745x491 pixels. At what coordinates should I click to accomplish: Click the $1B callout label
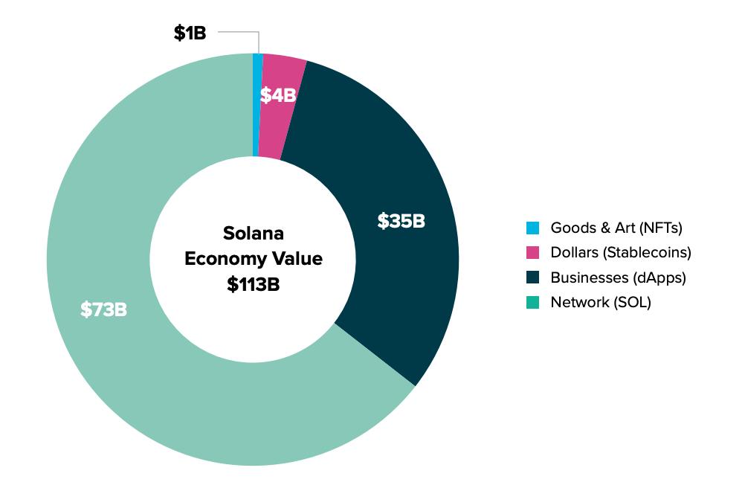click(190, 33)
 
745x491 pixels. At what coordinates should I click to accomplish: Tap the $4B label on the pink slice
click(278, 95)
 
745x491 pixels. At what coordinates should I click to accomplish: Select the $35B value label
click(401, 221)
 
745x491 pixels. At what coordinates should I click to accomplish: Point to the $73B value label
click(103, 309)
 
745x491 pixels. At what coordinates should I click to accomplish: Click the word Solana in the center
click(254, 234)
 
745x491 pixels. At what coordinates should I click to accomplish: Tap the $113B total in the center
click(254, 285)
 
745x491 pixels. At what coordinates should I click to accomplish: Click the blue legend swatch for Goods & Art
click(532, 228)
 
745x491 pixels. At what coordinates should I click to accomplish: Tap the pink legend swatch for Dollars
click(532, 253)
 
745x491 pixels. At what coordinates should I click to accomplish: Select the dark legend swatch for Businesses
click(532, 277)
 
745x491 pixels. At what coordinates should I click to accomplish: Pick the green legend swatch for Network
click(532, 302)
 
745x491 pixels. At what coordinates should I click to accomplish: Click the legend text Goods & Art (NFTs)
click(616, 228)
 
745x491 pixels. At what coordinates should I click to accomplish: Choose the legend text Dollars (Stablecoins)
click(620, 253)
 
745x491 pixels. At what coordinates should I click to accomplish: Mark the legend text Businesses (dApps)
click(618, 277)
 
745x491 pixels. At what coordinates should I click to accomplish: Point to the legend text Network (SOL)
click(600, 302)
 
